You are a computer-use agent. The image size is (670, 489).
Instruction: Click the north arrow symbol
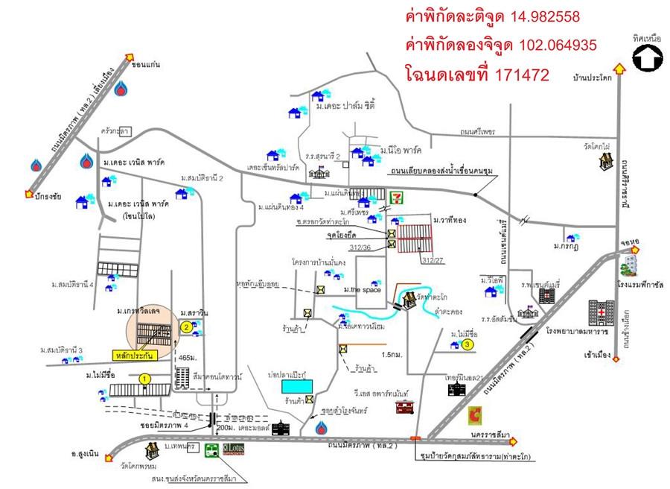point(647,58)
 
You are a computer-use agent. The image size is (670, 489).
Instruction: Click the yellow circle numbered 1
point(146,379)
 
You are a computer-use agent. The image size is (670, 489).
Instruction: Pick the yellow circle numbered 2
point(185,326)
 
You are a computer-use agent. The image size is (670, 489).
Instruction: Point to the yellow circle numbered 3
point(467,344)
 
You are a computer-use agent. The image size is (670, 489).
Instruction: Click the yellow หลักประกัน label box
point(134,355)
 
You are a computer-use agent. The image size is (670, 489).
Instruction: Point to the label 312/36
point(360,247)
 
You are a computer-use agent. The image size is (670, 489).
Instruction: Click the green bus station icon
point(211,450)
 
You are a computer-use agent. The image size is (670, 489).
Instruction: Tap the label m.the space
point(357,289)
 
